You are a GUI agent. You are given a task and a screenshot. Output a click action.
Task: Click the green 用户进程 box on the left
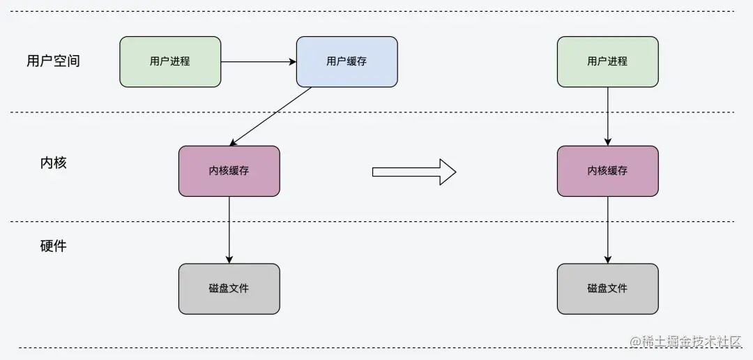(x=170, y=62)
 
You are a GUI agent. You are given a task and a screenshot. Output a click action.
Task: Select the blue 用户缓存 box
(x=347, y=62)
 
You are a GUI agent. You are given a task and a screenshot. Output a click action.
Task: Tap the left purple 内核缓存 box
(x=229, y=171)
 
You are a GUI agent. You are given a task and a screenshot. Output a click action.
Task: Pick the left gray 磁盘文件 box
(x=229, y=289)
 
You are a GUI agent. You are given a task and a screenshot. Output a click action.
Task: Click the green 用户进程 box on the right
(x=607, y=62)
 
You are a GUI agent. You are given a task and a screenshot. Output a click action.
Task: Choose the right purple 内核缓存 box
(x=607, y=171)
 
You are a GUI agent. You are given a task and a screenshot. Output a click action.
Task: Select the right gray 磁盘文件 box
(x=607, y=289)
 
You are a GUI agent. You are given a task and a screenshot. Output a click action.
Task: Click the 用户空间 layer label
(x=53, y=61)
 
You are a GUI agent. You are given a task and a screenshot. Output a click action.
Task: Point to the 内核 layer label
(x=53, y=163)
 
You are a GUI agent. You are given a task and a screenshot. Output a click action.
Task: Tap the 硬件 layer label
(x=53, y=246)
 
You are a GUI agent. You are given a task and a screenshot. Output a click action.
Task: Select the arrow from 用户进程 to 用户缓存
(x=258, y=62)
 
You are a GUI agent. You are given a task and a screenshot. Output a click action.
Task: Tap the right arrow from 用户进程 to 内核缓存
(x=607, y=116)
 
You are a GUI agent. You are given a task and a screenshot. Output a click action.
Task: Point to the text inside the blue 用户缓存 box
(x=347, y=61)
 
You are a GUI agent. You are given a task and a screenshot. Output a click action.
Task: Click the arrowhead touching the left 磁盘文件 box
(x=229, y=260)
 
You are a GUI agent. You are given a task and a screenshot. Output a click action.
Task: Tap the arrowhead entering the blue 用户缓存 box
(x=293, y=62)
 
